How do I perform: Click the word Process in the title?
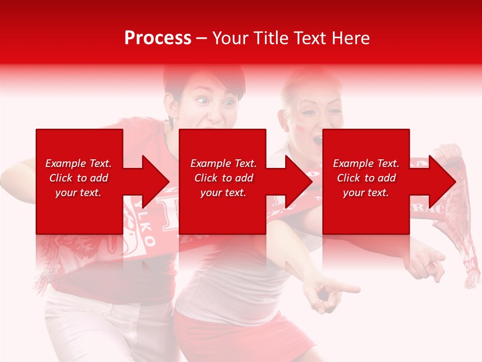click(158, 38)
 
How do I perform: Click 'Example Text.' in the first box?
click(78, 163)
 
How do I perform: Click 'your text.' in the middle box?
click(223, 193)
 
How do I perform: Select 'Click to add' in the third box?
click(366, 178)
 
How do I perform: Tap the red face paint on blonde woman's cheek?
click(300, 128)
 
